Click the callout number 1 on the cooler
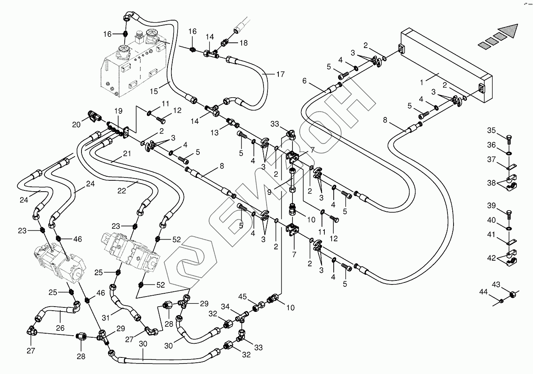(421, 82)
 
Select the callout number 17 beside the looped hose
(280, 74)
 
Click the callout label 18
(244, 43)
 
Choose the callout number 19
(117, 111)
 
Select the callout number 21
(128, 154)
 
